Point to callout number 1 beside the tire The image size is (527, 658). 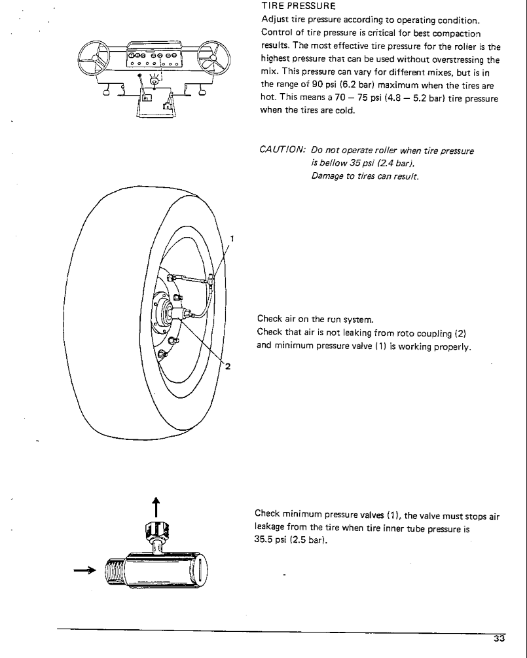point(232,238)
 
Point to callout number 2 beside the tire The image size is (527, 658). point(227,367)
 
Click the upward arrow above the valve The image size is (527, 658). point(156,506)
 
